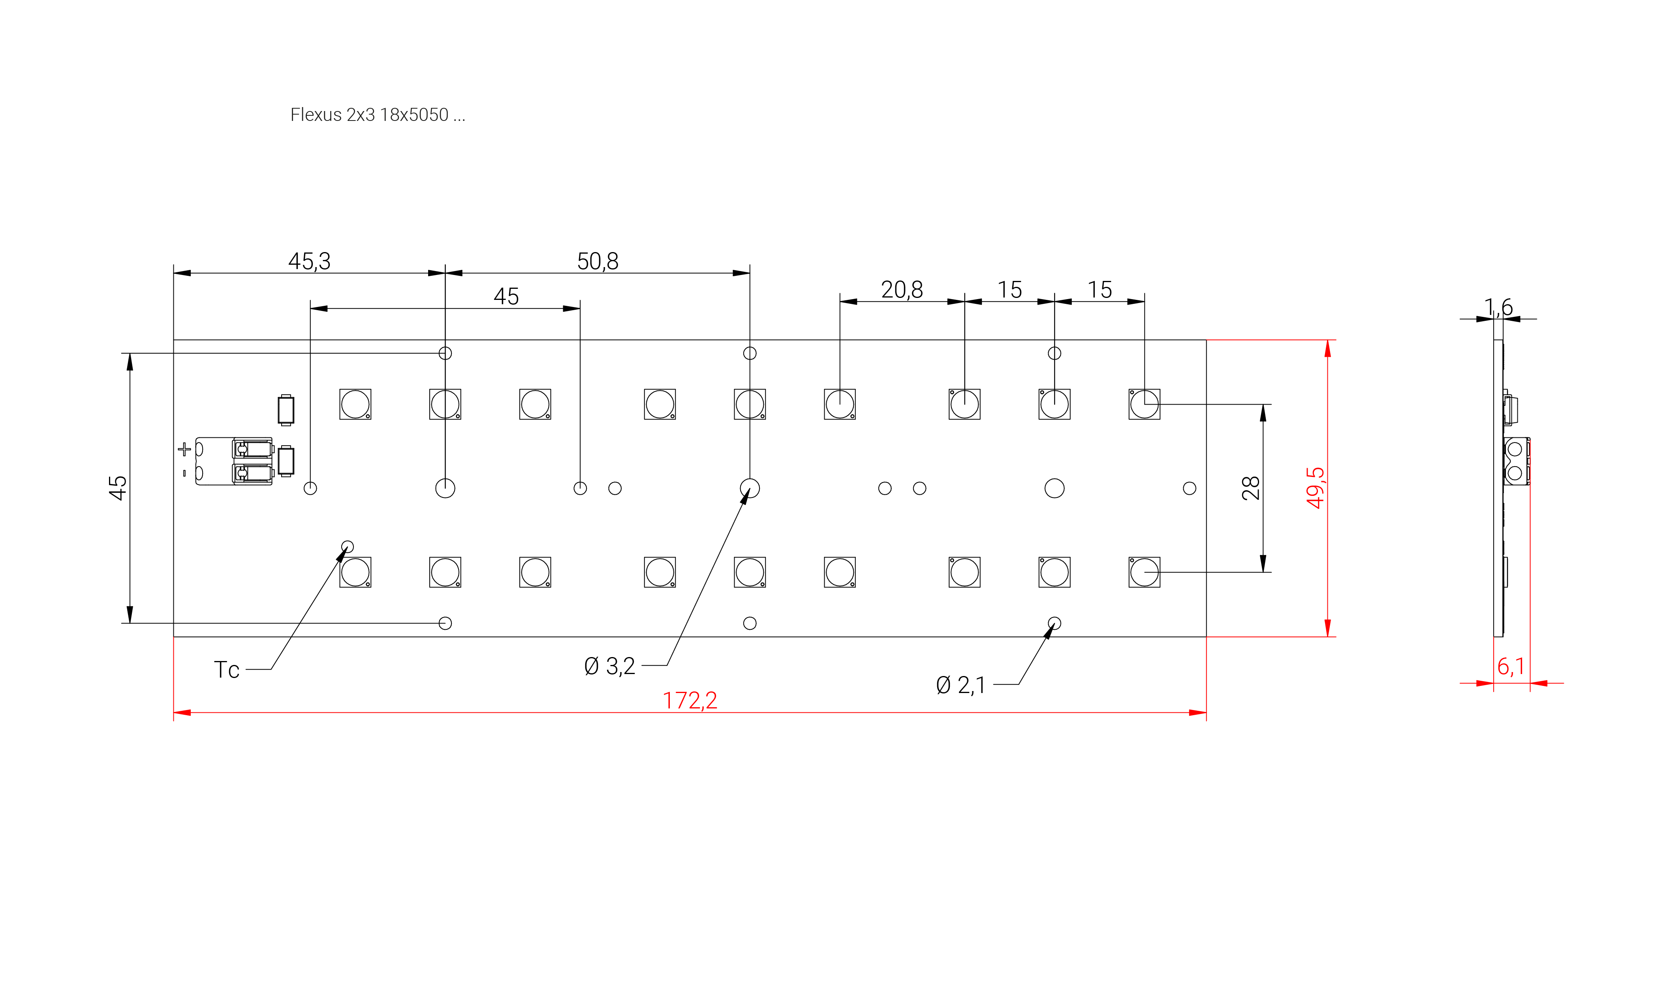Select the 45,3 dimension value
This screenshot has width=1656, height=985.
point(309,261)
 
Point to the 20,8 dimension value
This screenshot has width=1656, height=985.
point(902,289)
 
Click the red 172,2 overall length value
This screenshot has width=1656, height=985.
point(690,700)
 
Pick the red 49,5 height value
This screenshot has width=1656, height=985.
point(1315,488)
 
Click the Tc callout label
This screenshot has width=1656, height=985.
point(226,670)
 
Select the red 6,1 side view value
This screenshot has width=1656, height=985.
point(1511,666)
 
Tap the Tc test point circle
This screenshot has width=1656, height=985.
point(348,547)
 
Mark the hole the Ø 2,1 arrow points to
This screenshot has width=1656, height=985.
point(1054,623)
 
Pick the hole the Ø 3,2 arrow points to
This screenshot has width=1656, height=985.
point(750,488)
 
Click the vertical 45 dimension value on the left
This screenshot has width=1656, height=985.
point(117,488)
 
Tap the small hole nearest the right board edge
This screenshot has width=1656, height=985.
point(1190,488)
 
